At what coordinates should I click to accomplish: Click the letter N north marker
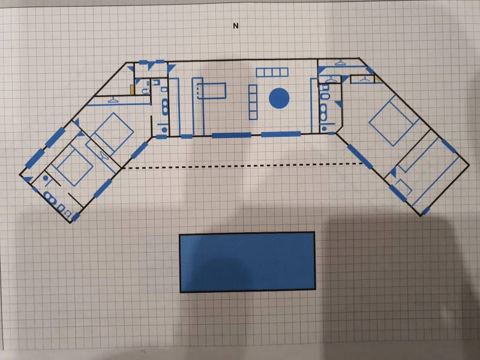point(235,26)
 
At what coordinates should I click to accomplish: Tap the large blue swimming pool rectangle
point(247,262)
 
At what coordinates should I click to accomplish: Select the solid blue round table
point(279,98)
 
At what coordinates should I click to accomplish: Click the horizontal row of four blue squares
point(272,72)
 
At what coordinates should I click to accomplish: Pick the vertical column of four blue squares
point(253,102)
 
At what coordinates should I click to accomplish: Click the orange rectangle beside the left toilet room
point(132,89)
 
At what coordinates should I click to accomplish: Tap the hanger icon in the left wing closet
point(113,100)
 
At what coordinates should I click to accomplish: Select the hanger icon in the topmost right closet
point(340,62)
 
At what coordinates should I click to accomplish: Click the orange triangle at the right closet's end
point(378,80)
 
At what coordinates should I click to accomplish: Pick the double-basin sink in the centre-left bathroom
point(165,107)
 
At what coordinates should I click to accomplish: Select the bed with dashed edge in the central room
point(212,91)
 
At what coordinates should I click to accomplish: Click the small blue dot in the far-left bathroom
point(46,178)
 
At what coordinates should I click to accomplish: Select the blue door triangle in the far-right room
point(393,172)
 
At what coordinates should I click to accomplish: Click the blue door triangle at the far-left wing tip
point(28,179)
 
